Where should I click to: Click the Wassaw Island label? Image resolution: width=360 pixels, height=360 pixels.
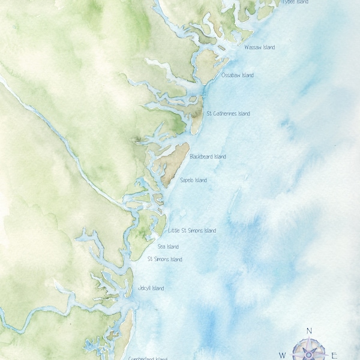(260, 47)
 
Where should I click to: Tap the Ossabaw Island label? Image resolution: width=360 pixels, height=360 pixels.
(238, 76)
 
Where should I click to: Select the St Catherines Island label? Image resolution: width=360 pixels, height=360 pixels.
(228, 113)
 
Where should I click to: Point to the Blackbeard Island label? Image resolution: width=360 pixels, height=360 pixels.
(208, 157)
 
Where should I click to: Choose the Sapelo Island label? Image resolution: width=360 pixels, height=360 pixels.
(193, 180)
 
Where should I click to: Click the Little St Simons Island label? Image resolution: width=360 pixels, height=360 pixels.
(192, 230)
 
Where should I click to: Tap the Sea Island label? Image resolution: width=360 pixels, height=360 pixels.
(168, 247)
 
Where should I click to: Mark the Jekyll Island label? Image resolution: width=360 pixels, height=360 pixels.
(151, 289)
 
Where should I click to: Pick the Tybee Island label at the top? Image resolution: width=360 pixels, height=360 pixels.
(295, 2)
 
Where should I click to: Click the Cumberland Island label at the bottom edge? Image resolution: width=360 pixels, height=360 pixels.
(148, 358)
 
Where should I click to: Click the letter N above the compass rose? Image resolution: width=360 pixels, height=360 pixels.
(310, 331)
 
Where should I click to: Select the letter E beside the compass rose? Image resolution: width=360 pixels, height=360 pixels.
(334, 355)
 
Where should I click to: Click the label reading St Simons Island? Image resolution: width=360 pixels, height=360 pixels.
(165, 260)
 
